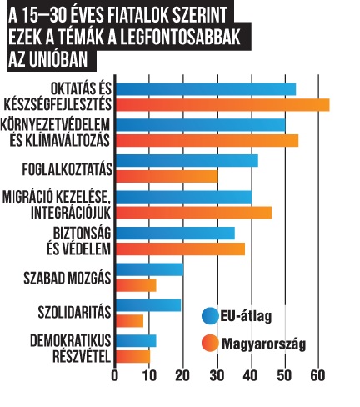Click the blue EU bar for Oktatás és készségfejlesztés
(x=206, y=89)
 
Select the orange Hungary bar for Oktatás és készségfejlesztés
(x=222, y=105)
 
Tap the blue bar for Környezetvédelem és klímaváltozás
(x=201, y=125)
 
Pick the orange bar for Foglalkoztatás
(x=167, y=176)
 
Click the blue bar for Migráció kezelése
(x=184, y=197)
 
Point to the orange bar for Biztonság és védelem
(x=180, y=249)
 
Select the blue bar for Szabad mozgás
(x=150, y=269)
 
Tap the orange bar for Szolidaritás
(x=129, y=321)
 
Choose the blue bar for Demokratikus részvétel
(x=136, y=341)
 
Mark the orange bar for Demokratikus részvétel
(x=133, y=357)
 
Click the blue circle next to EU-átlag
(x=210, y=316)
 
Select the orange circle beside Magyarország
(x=210, y=343)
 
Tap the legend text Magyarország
(x=263, y=344)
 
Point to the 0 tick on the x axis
(x=115, y=376)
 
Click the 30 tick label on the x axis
(x=217, y=376)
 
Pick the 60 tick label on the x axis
(x=317, y=376)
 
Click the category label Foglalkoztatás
(x=67, y=169)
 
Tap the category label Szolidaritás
(x=74, y=312)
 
